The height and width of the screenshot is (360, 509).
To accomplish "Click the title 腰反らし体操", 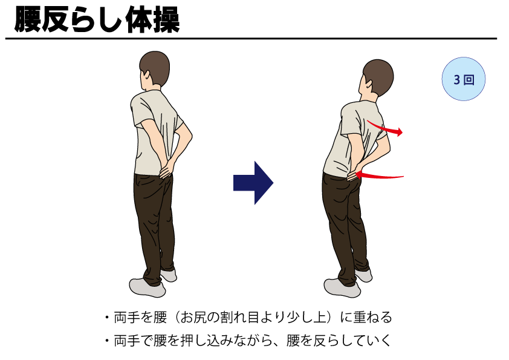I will point(97,21).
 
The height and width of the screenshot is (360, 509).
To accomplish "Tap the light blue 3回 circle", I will point(464,79).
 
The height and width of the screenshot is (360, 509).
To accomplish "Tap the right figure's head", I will point(375,78).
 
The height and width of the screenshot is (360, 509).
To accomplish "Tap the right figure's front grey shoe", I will point(342,287).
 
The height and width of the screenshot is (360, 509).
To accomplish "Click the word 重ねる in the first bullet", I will point(375,317).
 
